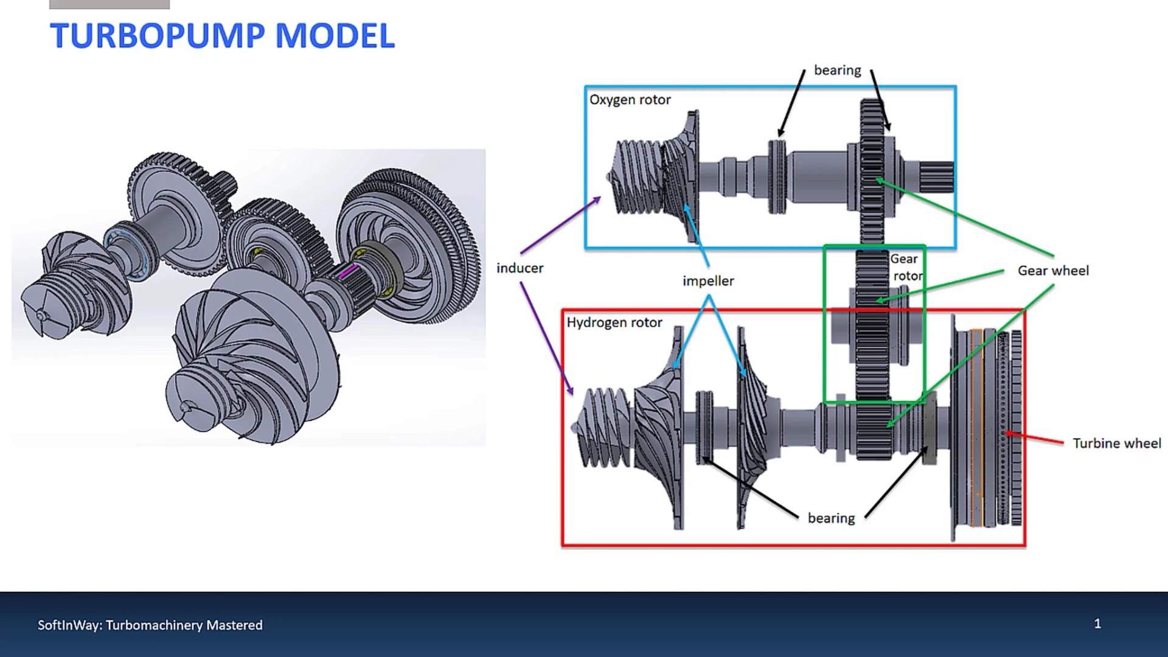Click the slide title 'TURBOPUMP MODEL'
222,35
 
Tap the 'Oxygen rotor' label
630,100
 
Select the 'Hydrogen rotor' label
614,322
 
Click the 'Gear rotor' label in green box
906,267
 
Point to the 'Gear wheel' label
1053,271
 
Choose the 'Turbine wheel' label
1116,443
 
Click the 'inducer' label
520,268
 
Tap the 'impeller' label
708,281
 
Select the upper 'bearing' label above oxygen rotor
837,71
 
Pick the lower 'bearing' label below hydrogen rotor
831,518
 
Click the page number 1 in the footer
1097,624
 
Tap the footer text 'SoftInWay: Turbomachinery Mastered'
150,625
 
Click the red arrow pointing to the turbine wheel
1034,438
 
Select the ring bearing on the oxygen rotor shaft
777,176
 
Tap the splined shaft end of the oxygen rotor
936,177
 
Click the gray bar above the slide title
109,4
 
